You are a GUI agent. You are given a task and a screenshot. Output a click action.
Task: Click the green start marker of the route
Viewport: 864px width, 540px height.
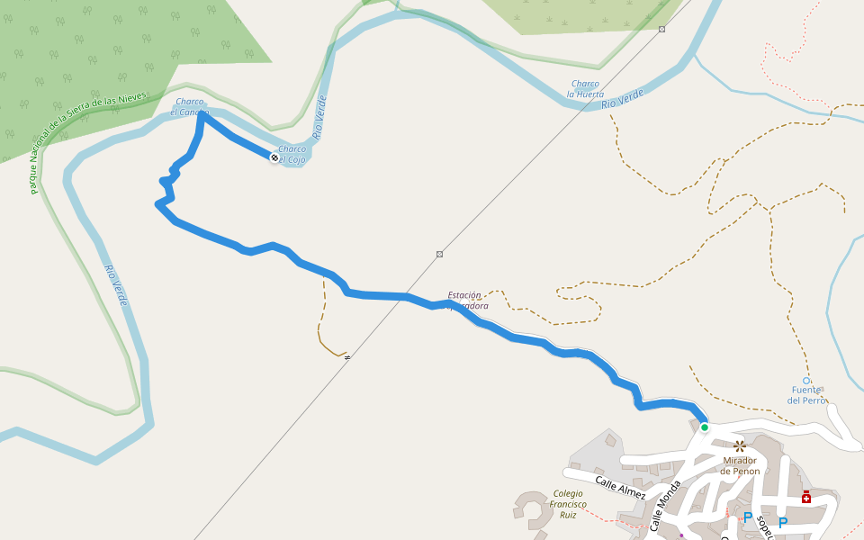click(704, 427)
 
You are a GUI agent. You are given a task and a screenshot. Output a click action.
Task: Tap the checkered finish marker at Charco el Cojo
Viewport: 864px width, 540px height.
click(274, 157)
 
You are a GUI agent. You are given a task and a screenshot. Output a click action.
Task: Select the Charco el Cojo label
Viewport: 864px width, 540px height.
click(292, 155)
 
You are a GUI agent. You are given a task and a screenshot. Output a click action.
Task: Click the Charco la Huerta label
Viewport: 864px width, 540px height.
click(586, 88)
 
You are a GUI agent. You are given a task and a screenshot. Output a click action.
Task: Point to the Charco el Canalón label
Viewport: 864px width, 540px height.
click(191, 106)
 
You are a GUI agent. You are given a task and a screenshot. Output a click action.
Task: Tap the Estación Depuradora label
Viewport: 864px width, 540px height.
click(468, 300)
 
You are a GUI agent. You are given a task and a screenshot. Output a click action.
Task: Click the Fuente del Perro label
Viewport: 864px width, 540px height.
click(805, 395)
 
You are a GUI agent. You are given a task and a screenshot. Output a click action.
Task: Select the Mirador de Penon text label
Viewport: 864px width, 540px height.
click(740, 465)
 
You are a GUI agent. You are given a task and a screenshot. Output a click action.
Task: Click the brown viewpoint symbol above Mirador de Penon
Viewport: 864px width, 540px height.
click(739, 445)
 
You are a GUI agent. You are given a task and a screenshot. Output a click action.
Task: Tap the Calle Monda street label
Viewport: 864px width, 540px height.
click(665, 507)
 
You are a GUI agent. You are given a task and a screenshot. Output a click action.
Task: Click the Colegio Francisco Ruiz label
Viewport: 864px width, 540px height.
click(569, 504)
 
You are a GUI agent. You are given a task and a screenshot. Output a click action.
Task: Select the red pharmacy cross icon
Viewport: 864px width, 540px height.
click(805, 497)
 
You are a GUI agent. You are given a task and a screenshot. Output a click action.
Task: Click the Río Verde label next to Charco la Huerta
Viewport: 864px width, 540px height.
click(622, 98)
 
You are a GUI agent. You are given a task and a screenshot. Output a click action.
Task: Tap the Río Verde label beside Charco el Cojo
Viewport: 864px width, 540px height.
click(319, 117)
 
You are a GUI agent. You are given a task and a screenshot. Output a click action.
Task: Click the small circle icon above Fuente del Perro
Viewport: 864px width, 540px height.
click(808, 380)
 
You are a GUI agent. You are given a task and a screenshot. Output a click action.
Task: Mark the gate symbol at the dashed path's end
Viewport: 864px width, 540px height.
click(346, 356)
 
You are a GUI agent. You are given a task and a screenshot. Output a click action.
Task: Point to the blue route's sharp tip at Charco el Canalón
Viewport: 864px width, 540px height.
click(202, 114)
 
